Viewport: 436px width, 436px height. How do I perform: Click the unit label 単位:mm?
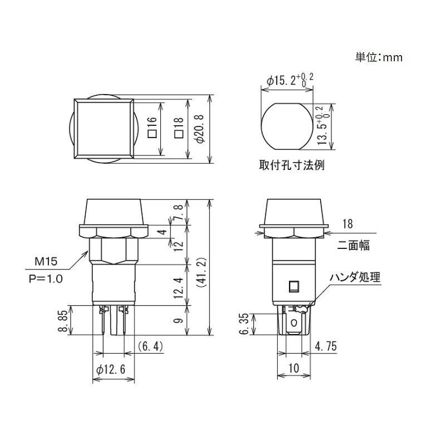pos(378,57)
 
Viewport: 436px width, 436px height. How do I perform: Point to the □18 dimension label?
pos(178,130)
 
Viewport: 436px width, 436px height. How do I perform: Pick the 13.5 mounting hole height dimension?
pos(320,126)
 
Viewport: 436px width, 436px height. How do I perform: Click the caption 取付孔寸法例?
pos(291,165)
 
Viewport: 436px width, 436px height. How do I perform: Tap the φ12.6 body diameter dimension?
pos(113,369)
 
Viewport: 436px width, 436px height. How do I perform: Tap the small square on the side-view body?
pos(293,287)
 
